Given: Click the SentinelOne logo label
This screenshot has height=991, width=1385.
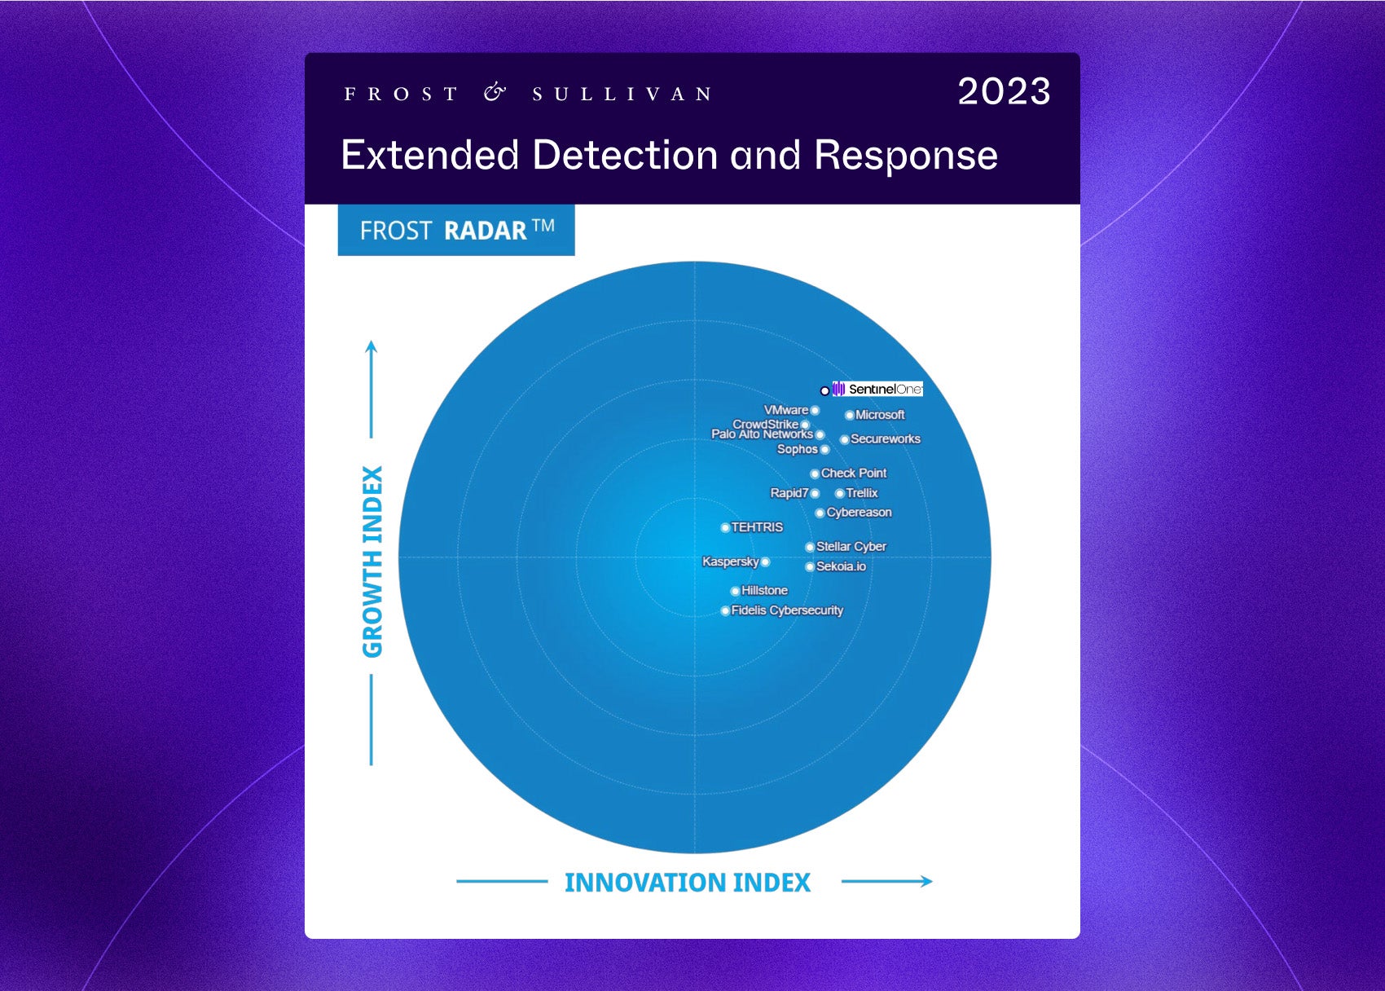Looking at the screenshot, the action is [x=877, y=389].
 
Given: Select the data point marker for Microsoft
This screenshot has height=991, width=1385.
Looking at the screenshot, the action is [x=850, y=415].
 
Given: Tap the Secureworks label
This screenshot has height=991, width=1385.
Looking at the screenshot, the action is [x=886, y=438].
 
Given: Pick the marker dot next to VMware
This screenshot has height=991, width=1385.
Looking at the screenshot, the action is [x=815, y=410].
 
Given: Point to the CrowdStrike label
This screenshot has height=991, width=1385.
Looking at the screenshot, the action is [x=766, y=424].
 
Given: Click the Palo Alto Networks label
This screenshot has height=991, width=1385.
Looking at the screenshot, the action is [x=762, y=434].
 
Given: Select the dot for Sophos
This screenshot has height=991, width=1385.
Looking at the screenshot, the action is [x=824, y=449].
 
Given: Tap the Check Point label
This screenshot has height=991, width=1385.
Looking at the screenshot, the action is [x=854, y=473].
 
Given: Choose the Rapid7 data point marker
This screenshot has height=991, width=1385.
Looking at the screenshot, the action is [x=815, y=493].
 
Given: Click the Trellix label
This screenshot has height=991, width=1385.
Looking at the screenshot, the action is [x=862, y=493].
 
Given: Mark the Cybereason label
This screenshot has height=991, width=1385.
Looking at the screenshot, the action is [x=859, y=512].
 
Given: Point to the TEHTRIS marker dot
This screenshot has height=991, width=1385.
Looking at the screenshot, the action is [x=725, y=527].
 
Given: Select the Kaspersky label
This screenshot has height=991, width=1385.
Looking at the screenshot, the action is [x=730, y=562].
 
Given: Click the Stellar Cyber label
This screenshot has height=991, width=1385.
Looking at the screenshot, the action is [x=851, y=546].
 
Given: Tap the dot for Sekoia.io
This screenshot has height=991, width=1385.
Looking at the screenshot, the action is [x=810, y=566].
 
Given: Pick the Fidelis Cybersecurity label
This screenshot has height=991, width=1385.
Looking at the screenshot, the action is [x=787, y=610].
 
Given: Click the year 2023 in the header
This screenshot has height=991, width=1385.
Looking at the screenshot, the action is [x=1004, y=91].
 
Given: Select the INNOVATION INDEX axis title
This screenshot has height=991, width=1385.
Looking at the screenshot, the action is [x=688, y=883].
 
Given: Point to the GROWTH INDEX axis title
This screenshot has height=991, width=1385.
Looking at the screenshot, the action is [x=372, y=562].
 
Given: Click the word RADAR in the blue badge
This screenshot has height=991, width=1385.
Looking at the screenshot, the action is [x=485, y=231].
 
